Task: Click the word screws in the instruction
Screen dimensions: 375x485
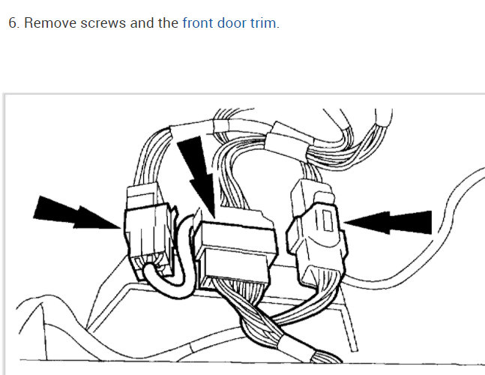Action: click(104, 22)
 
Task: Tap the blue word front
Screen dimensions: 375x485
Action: click(198, 22)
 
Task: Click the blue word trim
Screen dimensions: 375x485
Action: click(264, 22)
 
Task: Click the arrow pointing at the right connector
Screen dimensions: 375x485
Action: click(394, 220)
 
